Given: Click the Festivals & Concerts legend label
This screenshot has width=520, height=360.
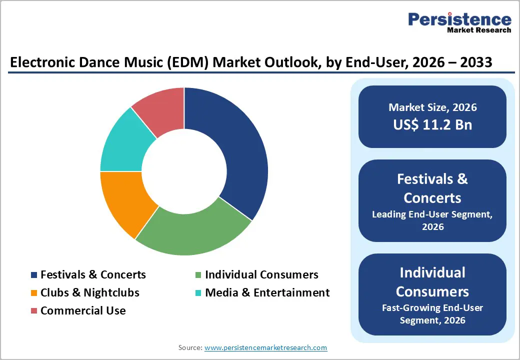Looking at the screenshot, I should pyautogui.click(x=93, y=274).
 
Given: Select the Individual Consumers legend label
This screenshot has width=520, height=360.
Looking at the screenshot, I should pyautogui.click(x=261, y=274).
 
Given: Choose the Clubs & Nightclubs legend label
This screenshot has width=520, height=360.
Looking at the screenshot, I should pyautogui.click(x=90, y=292).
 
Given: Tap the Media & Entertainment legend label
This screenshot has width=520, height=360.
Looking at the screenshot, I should pyautogui.click(x=267, y=292).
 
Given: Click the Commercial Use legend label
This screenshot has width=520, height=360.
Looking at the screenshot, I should pyautogui.click(x=83, y=310).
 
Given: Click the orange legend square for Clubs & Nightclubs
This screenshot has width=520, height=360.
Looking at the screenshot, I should pyautogui.click(x=34, y=293).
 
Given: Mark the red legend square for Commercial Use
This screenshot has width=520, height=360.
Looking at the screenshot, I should pyautogui.click(x=34, y=311).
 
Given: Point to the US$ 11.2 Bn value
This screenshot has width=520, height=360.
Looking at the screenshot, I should pyautogui.click(x=432, y=124).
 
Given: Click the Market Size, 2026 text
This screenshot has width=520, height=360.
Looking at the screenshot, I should pyautogui.click(x=432, y=107).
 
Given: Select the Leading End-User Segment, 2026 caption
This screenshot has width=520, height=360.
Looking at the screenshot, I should pyautogui.click(x=432, y=220).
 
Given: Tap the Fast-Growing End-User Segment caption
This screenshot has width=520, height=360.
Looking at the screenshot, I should pyautogui.click(x=432, y=314).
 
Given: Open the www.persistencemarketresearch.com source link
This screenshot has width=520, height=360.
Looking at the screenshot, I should pyautogui.click(x=265, y=347).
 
